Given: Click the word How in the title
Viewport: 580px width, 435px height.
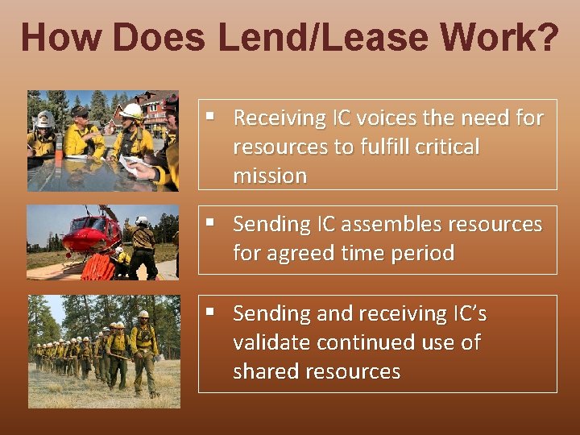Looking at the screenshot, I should click(x=62, y=38).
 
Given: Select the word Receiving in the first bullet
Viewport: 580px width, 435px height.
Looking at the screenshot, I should click(x=278, y=118).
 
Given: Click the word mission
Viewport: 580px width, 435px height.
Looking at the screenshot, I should click(x=270, y=176).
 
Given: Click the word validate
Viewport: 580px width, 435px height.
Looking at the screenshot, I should click(x=271, y=342).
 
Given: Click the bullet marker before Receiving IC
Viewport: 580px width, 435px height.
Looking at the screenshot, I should click(x=209, y=116).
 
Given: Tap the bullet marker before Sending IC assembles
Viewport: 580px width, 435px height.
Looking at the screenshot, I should click(x=209, y=222).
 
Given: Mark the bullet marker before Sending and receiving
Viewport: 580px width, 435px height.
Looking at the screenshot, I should click(x=209, y=311).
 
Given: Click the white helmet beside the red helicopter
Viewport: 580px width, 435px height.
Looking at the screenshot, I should click(x=143, y=221).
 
